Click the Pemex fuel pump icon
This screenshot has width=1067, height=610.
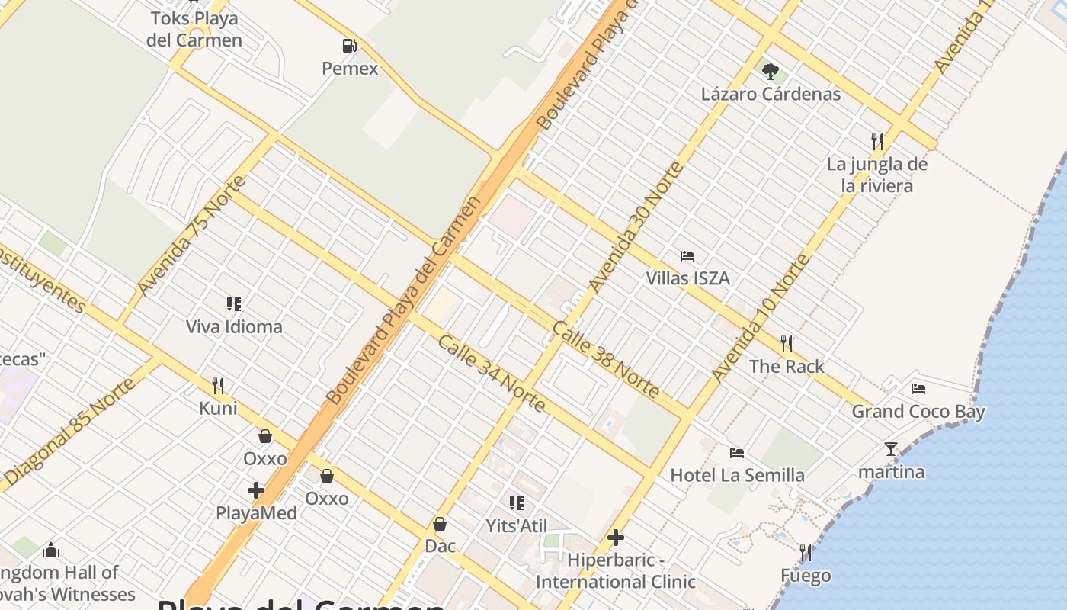(349, 46)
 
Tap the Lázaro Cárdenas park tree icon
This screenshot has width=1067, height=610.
(771, 72)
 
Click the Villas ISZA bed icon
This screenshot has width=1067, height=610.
(687, 256)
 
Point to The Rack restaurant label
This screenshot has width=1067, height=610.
(787, 367)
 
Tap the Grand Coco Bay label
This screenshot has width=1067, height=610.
(918, 412)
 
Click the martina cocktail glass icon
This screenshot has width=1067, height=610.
(891, 449)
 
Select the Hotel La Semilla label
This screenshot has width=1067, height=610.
(737, 475)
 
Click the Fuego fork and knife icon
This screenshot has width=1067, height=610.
(806, 552)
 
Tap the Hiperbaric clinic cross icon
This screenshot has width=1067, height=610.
(616, 538)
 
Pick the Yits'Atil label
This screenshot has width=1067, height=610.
(517, 525)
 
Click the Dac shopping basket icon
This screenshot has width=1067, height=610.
(440, 524)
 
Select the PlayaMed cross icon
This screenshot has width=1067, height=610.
(256, 490)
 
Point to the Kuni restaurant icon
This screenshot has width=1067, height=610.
(218, 385)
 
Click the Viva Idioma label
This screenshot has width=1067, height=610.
(234, 327)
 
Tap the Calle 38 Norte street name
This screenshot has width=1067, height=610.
(606, 360)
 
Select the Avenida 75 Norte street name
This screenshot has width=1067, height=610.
(192, 235)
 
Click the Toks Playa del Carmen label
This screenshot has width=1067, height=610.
(194, 29)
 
